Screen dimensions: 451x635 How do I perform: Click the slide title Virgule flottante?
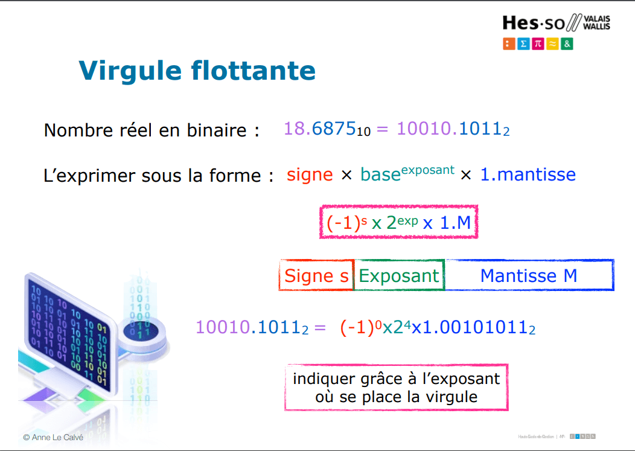(x=197, y=71)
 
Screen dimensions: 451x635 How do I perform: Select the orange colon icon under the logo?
(x=508, y=43)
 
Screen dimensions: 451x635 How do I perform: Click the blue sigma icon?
(x=523, y=43)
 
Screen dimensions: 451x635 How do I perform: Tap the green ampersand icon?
(x=567, y=43)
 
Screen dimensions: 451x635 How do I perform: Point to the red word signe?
(x=310, y=175)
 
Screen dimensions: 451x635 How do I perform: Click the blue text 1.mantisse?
(x=528, y=175)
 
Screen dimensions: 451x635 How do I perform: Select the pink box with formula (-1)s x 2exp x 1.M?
(x=398, y=223)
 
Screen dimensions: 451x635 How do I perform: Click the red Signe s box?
(x=316, y=276)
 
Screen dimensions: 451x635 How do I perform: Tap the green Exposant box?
(x=399, y=276)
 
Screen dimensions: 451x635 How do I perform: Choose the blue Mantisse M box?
(x=529, y=276)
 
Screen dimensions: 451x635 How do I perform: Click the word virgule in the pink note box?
(x=444, y=397)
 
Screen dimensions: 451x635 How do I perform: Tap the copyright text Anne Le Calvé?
(x=53, y=437)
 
